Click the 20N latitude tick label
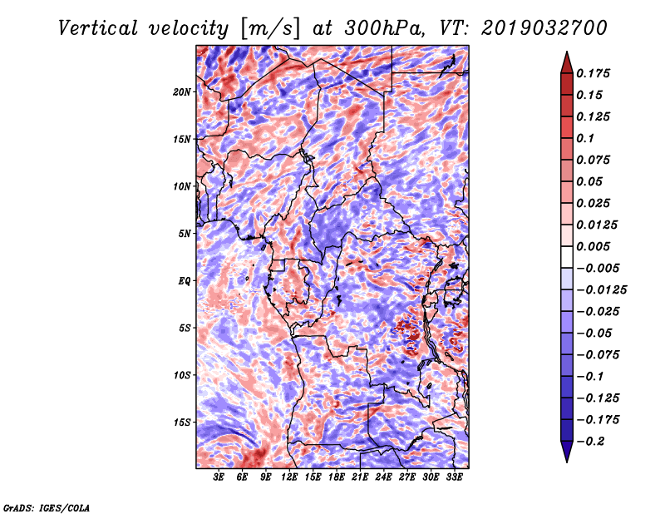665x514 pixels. (181, 92)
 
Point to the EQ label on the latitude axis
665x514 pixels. (184, 281)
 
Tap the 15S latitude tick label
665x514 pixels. (182, 423)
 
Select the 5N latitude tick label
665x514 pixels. (185, 234)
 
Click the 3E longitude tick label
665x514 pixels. (219, 477)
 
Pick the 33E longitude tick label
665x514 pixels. (454, 477)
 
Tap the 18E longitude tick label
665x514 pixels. (337, 477)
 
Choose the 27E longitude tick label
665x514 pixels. (407, 477)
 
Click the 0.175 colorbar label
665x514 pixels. (594, 73)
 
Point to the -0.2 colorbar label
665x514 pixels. (590, 442)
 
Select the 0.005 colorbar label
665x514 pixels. (594, 246)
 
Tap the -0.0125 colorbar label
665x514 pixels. (601, 290)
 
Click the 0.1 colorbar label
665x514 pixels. (585, 138)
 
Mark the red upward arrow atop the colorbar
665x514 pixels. (567, 62)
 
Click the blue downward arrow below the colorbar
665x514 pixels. (567, 452)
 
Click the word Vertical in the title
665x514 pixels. (98, 28)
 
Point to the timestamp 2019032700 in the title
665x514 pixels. (544, 28)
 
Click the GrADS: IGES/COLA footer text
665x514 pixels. (47, 507)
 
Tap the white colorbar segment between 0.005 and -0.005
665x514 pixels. (567, 257)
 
